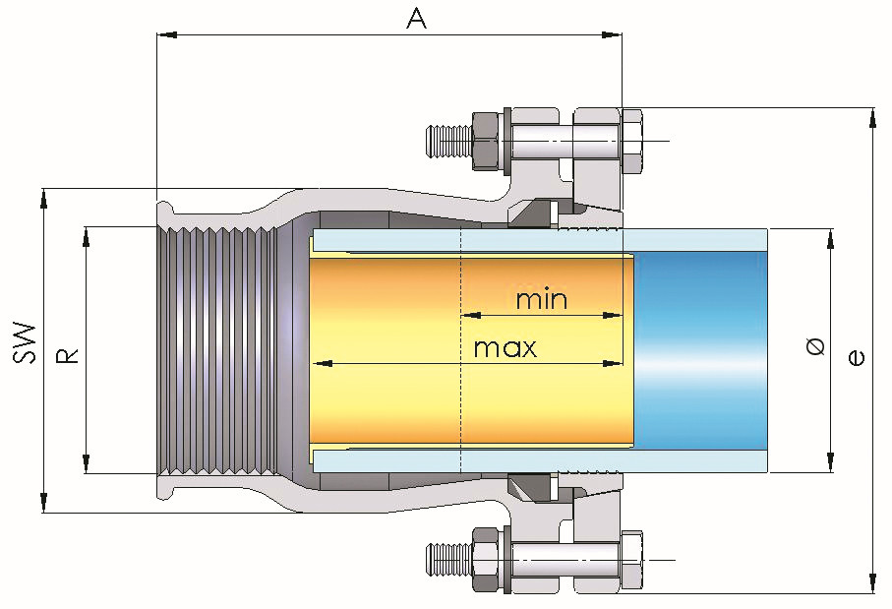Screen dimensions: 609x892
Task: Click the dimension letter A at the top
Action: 417,18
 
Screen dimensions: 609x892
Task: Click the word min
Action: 542,298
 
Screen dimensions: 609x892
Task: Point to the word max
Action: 505,347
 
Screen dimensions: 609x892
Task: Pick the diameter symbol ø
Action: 814,346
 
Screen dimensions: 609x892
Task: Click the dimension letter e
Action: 857,357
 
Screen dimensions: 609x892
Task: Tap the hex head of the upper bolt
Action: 631,139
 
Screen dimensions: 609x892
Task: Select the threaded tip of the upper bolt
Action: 448,139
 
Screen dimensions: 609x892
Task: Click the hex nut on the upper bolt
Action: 486,139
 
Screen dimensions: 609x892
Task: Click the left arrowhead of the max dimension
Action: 319,364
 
